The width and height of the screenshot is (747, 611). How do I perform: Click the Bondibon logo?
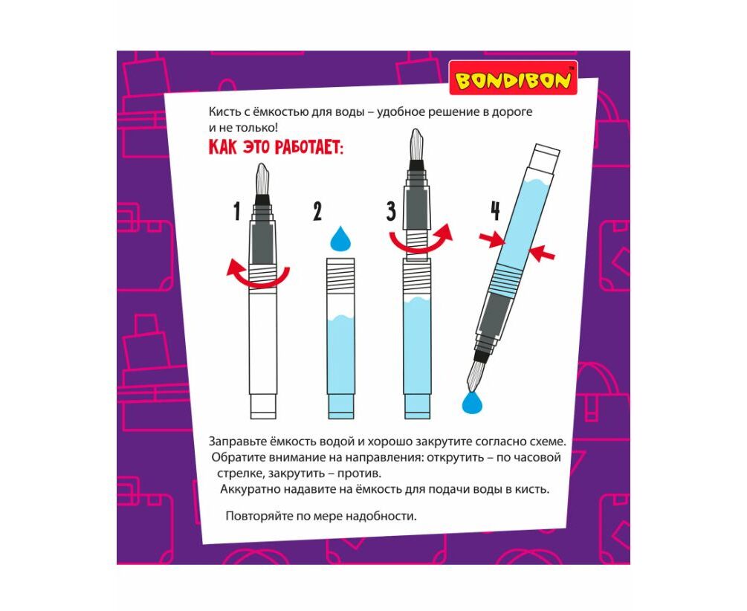click(x=513, y=78)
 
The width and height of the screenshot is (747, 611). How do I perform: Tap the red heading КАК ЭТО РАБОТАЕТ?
click(x=276, y=147)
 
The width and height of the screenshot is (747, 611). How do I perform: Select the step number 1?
click(x=237, y=211)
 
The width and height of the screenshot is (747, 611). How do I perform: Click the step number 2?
click(x=317, y=211)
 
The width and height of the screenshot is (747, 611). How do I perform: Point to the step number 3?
click(x=391, y=211)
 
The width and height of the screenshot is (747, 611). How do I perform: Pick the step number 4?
click(x=496, y=211)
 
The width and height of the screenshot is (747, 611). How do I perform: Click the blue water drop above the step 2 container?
click(x=340, y=239)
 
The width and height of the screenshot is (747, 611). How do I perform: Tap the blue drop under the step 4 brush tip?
click(x=472, y=403)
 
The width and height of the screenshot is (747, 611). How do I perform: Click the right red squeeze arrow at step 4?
click(x=542, y=253)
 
